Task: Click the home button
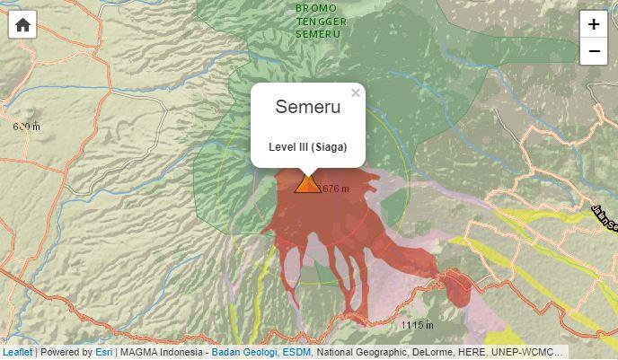point(22,25)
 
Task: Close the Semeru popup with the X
point(356,92)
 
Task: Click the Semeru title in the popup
point(308,107)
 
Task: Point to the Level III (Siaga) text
point(308,147)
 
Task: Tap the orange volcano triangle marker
point(307,184)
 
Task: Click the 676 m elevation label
point(335,189)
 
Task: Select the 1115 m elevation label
point(418,325)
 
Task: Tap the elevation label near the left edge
point(27,127)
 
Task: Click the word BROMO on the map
point(316,8)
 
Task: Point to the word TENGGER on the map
point(322,22)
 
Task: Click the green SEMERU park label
point(318,34)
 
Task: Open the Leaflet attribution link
point(17,353)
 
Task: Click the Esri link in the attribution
point(104,353)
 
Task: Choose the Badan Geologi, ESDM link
point(261,353)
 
